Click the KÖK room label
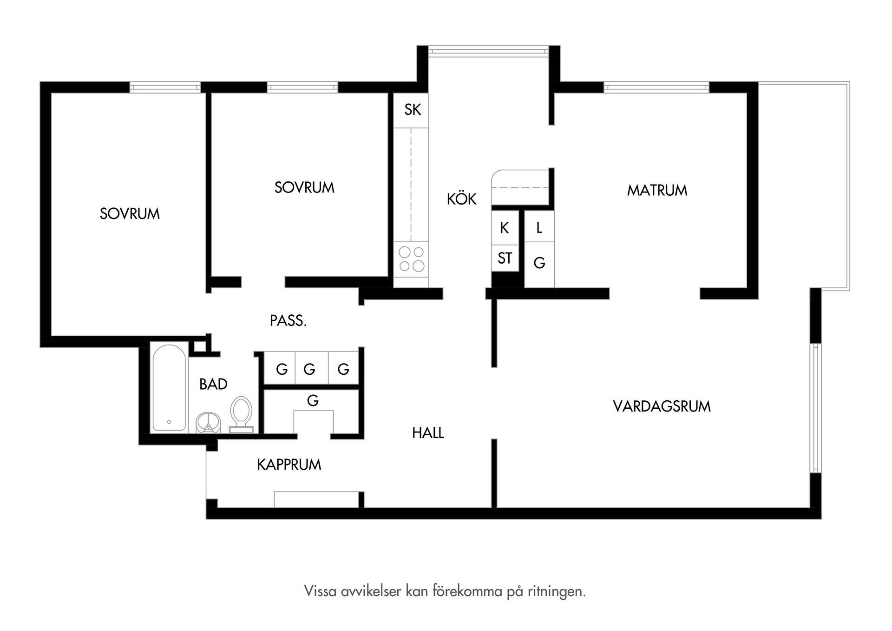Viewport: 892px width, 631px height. tap(461, 199)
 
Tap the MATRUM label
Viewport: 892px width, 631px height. tap(656, 190)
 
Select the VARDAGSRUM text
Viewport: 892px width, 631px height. tap(662, 406)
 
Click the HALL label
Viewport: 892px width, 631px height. tap(428, 433)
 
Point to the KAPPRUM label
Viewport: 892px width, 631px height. tap(289, 465)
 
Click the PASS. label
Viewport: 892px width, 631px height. tap(288, 321)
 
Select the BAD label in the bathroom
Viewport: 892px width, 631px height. tap(213, 384)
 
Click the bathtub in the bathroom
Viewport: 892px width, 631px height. tap(169, 388)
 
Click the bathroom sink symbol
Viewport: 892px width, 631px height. tap(208, 422)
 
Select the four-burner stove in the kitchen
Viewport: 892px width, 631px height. tap(411, 259)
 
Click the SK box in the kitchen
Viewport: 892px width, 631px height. tap(412, 110)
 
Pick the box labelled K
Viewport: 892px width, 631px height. tap(505, 228)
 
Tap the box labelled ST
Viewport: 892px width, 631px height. tap(505, 258)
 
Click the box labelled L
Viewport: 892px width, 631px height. tap(539, 227)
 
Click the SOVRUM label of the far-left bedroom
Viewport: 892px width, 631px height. tap(130, 214)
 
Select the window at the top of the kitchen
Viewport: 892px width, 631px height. tap(488, 51)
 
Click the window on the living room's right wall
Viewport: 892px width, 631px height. tap(815, 408)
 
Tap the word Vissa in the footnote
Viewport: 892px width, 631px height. tap(321, 591)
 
